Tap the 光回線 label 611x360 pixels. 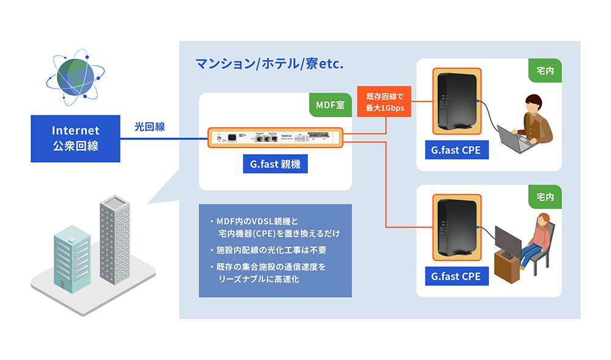pos(150,127)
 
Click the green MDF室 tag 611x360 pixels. pos(330,105)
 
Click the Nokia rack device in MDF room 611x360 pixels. pos(275,138)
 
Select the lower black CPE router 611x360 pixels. pos(456,226)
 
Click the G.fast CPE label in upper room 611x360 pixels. pos(456,150)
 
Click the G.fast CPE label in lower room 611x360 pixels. pos(456,276)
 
